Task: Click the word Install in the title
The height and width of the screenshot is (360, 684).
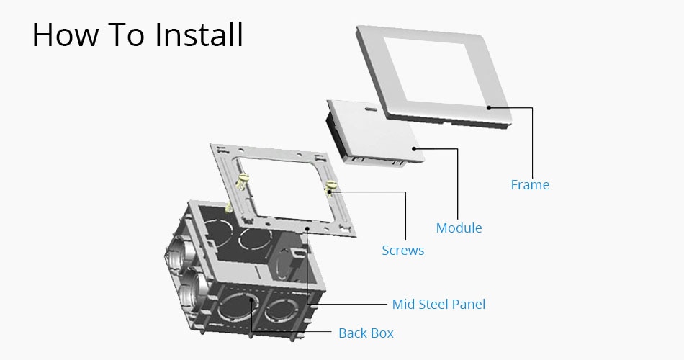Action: pos(199,34)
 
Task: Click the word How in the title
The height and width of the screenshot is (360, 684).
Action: pos(66,35)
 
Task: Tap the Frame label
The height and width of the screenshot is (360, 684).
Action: pos(530,184)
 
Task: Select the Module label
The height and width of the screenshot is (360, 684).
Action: pos(459,228)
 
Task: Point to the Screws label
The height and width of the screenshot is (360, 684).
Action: pos(403,251)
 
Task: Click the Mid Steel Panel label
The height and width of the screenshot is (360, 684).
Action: pos(439,304)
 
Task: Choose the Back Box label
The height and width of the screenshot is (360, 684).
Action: pos(366,333)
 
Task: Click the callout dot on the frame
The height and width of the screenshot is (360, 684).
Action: pos(489,107)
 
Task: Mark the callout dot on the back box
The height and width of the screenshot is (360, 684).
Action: pos(251,300)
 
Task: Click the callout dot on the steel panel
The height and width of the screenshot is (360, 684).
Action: pos(307,228)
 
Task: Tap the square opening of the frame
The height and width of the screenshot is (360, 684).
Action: pos(435,71)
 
